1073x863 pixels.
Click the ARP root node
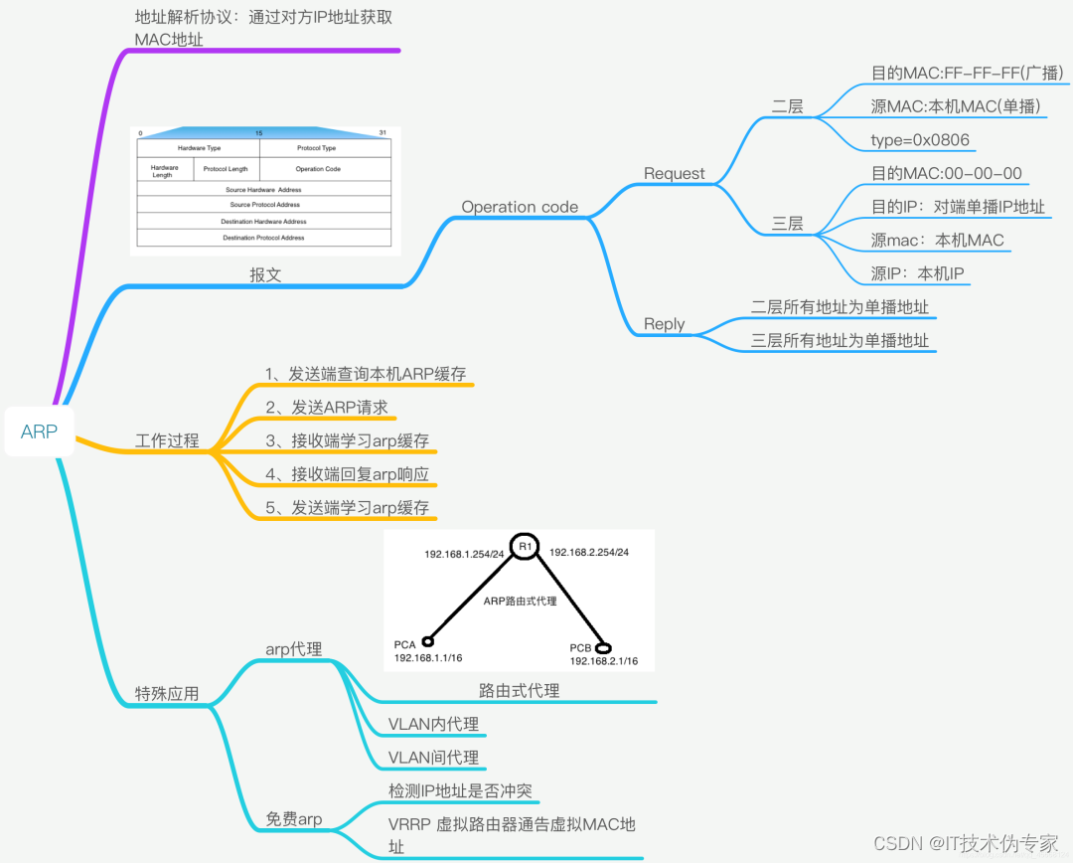(x=40, y=431)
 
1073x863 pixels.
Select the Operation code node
(x=520, y=207)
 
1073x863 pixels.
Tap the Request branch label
(x=674, y=174)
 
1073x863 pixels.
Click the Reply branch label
(x=664, y=324)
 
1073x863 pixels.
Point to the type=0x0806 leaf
(x=920, y=140)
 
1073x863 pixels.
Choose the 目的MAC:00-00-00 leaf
(x=946, y=174)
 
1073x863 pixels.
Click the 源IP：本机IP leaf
(x=918, y=273)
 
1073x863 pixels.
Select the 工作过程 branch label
(x=167, y=440)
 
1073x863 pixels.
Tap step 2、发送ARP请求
(x=326, y=408)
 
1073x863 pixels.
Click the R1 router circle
(x=525, y=547)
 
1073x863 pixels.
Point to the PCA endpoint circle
(x=428, y=641)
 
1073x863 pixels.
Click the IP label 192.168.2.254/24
(x=588, y=552)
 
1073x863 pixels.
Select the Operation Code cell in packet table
(x=317, y=169)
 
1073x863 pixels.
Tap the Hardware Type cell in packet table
(x=199, y=148)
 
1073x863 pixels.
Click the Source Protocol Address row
(x=264, y=205)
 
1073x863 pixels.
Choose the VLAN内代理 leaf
(x=433, y=724)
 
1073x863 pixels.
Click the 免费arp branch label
(x=293, y=820)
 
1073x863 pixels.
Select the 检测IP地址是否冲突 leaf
(x=460, y=790)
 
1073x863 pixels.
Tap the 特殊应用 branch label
(x=167, y=693)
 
